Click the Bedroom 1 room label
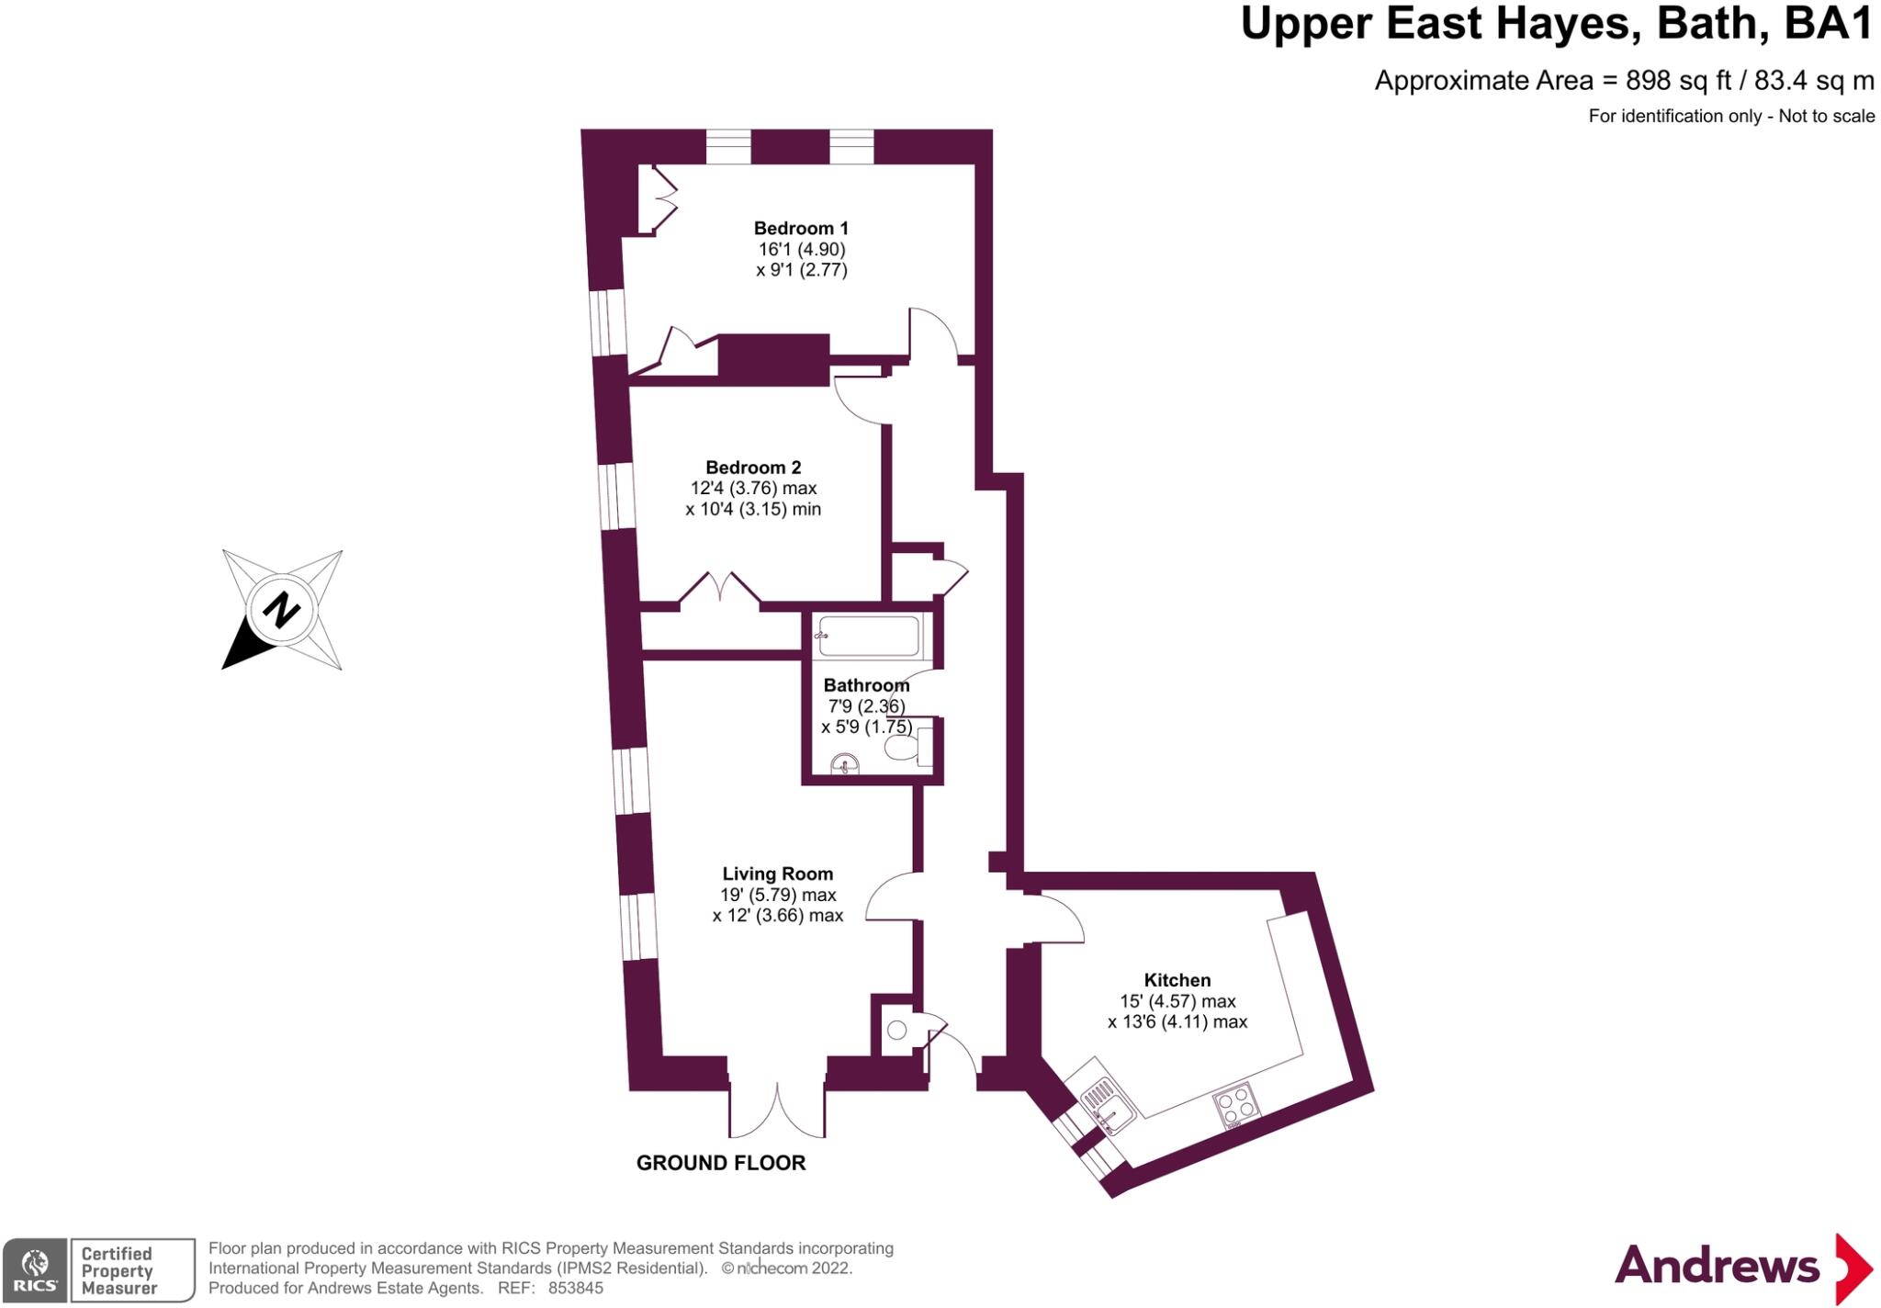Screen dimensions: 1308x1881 801,228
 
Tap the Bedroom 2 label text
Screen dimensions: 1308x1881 753,468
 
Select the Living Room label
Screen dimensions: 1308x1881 777,874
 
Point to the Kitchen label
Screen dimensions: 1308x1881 1177,980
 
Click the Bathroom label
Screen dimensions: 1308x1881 866,685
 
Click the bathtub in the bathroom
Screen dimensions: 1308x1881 868,637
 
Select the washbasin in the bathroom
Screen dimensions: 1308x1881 844,764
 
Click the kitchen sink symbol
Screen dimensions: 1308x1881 1105,1103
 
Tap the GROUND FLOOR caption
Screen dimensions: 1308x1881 721,1163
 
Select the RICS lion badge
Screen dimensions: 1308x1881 36,1269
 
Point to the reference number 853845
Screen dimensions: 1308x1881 576,1289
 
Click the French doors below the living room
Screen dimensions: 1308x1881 777,1111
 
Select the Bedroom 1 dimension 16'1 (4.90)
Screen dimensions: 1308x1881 801,249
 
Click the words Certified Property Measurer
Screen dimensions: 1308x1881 118,1270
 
